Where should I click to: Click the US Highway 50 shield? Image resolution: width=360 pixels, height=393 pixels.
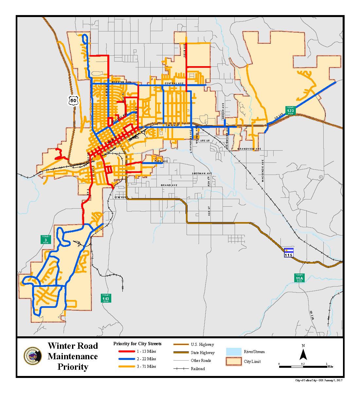tap(74, 101)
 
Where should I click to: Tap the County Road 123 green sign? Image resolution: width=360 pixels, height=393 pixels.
tap(290, 110)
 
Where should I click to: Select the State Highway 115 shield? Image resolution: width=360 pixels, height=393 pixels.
tap(289, 252)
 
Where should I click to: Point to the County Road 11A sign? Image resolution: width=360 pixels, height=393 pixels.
tap(299, 278)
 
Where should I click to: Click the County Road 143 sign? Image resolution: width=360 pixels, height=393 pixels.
tap(106, 298)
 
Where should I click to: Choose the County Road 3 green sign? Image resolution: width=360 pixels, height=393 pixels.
tap(45, 239)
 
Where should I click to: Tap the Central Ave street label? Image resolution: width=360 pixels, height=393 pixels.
tap(173, 84)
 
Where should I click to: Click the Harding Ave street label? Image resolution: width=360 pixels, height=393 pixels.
tap(121, 82)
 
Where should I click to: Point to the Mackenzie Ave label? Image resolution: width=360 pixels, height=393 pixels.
tap(262, 171)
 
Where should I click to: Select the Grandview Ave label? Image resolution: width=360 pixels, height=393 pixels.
tap(249, 149)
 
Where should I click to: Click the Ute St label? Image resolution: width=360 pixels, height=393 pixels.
tap(205, 141)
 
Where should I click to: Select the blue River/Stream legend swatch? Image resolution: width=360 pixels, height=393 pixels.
tap(233, 351)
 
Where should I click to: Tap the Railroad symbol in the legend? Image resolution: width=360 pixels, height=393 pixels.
tap(180, 369)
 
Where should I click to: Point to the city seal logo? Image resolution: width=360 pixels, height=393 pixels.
tap(33, 356)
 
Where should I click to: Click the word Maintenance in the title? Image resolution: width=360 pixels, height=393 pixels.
tap(73, 356)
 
